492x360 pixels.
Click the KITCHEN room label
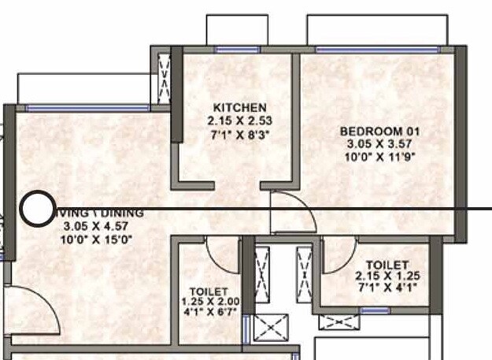(x=240, y=107)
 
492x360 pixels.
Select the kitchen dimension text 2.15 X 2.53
(x=240, y=121)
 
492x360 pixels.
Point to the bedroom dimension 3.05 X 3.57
(x=379, y=144)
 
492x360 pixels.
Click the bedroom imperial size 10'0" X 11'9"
(x=379, y=158)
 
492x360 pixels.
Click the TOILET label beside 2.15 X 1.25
(x=387, y=265)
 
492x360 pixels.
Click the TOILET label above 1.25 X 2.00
(x=209, y=291)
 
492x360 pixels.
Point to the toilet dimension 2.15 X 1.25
(x=387, y=277)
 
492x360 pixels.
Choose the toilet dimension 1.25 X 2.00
(x=209, y=302)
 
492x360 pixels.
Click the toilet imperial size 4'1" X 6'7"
(x=209, y=312)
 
